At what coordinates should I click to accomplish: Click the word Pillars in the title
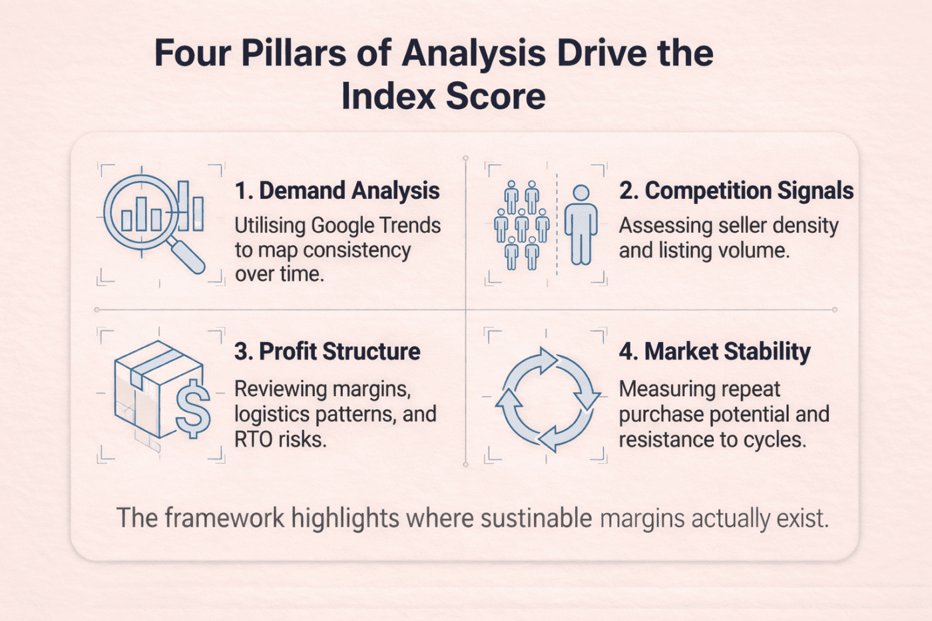(293, 53)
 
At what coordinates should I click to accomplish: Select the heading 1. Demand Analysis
(337, 191)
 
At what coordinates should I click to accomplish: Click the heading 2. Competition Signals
(736, 191)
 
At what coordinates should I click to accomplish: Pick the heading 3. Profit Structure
(327, 351)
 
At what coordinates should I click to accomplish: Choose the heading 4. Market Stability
(714, 351)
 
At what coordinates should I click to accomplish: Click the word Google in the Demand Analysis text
(342, 226)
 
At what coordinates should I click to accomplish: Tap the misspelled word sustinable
(536, 518)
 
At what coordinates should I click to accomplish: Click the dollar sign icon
(192, 408)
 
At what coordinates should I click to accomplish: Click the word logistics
(271, 414)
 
